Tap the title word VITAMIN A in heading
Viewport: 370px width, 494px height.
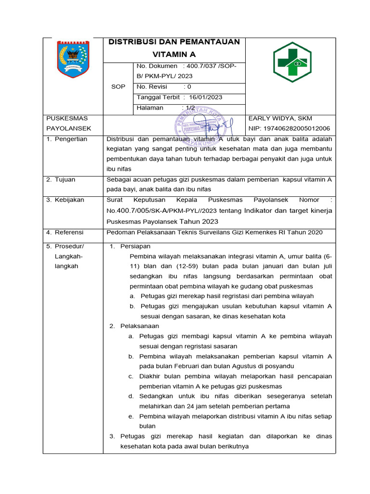coord(174,55)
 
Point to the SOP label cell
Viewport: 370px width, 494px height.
coord(118,87)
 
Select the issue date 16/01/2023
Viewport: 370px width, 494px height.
coord(205,97)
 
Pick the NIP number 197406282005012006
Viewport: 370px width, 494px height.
coord(289,128)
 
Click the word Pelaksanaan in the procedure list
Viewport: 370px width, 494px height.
coord(139,326)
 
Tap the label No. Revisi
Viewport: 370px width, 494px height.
coord(152,87)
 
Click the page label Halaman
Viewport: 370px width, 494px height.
coord(150,108)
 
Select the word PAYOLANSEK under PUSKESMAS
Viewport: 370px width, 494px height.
coord(68,128)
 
